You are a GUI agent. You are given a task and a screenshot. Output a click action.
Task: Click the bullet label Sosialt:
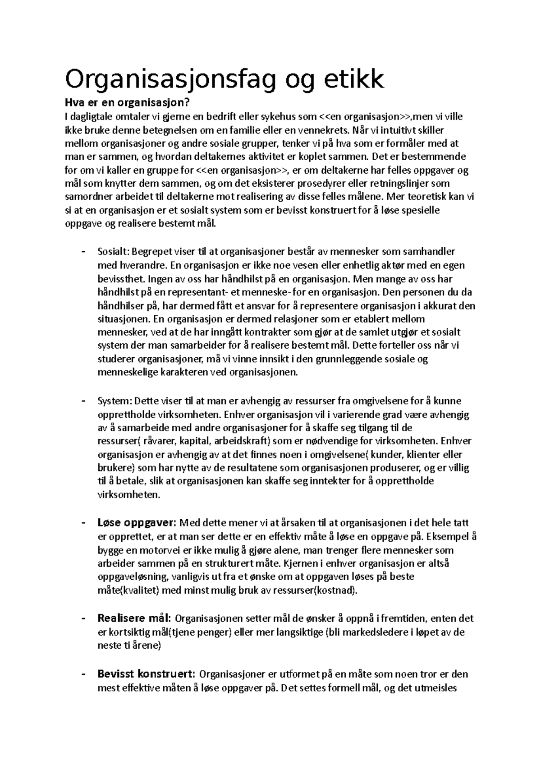[114, 252]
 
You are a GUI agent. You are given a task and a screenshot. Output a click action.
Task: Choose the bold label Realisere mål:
[134, 618]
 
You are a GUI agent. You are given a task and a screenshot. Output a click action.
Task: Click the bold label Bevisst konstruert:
[147, 674]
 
